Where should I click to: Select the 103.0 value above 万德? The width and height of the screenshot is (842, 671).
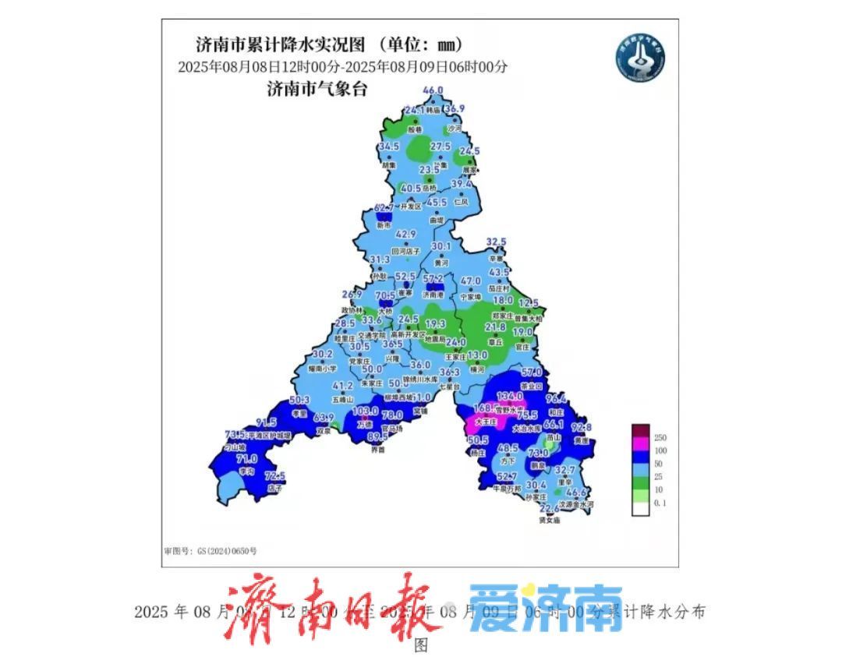coord(365,411)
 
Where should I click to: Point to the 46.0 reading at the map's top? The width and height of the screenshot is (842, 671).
coord(433,91)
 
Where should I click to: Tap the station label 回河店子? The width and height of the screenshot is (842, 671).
coord(405,251)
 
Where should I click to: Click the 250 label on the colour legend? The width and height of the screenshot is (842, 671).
coord(660,437)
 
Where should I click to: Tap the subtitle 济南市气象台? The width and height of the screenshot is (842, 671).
coord(317,90)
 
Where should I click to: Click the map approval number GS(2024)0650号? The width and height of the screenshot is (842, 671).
coord(210,551)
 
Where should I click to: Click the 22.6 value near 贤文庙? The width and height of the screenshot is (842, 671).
coord(550,508)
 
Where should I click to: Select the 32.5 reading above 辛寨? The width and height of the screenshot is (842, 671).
coord(497,242)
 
